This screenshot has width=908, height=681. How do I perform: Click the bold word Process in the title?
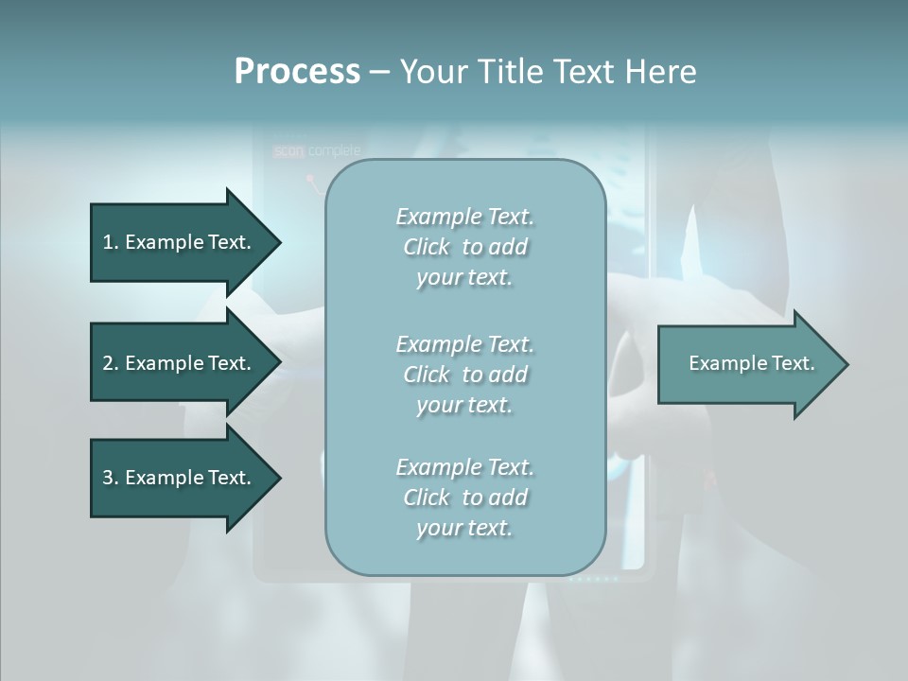297,72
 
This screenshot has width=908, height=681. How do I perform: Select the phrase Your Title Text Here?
548,72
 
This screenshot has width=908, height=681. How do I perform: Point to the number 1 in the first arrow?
108,242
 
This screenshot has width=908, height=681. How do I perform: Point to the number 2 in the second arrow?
108,363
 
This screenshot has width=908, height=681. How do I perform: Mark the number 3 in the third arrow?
108,478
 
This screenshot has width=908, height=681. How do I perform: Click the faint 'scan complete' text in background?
317,150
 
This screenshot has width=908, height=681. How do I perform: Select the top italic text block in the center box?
464,247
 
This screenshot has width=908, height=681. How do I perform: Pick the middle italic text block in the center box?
464,374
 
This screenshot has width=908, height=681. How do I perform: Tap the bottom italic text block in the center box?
464,497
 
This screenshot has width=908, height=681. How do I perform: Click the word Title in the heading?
511,72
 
